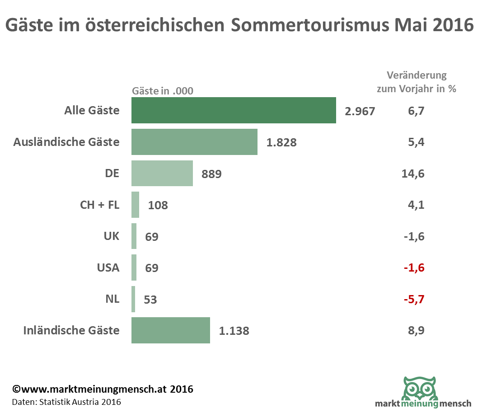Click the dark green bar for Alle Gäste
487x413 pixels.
[234, 110]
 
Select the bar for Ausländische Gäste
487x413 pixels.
[194, 142]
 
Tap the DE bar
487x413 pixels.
[162, 173]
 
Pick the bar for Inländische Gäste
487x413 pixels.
[171, 330]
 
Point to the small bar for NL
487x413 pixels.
[133, 299]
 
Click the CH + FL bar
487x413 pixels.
[135, 205]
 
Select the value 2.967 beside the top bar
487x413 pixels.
[360, 111]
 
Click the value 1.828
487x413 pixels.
[281, 142]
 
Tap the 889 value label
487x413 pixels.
[212, 174]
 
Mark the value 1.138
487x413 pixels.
[234, 331]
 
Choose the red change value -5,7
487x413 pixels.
[414, 299]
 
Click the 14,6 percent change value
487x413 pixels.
[412, 174]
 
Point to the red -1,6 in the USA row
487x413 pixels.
[414, 268]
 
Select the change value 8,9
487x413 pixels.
[416, 330]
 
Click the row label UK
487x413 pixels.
[111, 236]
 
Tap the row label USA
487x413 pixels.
[108, 268]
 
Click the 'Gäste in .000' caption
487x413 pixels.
[162, 91]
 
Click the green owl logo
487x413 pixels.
[420, 388]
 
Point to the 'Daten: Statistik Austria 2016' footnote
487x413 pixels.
[66, 402]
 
